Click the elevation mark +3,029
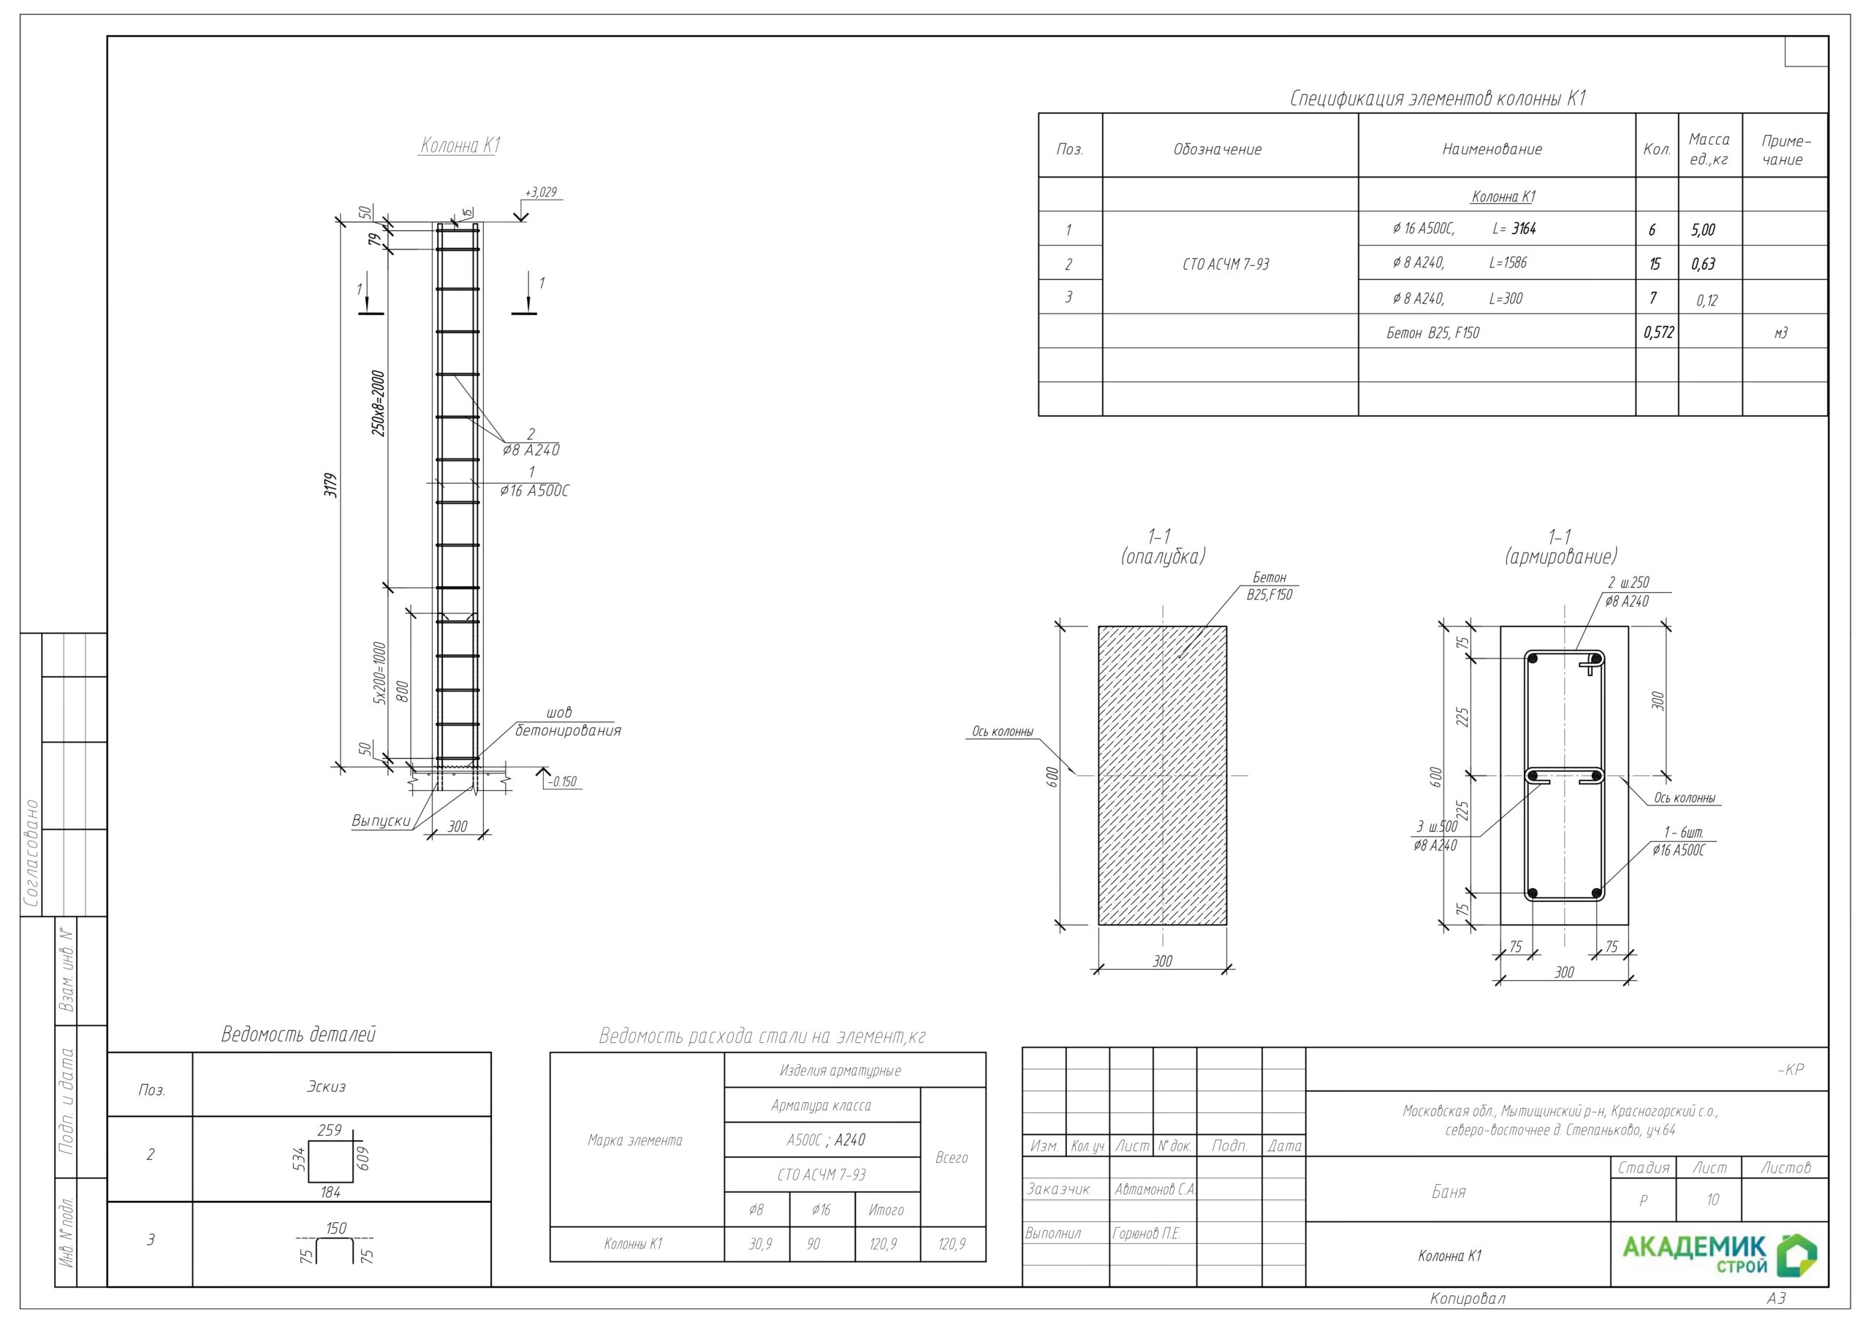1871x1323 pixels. click(x=541, y=192)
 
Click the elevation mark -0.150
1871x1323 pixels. click(x=562, y=781)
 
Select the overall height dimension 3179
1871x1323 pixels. click(x=330, y=485)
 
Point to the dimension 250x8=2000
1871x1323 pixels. click(x=378, y=403)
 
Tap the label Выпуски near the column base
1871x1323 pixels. click(x=381, y=821)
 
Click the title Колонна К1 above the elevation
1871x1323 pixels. click(x=460, y=146)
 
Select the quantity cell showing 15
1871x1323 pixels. click(x=1654, y=264)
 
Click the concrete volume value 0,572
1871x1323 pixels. click(x=1658, y=333)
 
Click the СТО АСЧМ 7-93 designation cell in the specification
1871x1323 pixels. click(x=1226, y=264)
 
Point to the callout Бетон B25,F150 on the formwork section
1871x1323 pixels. click(x=1269, y=586)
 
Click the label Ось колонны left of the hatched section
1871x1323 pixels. click(x=1002, y=732)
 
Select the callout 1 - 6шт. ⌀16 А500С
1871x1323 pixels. click(x=1678, y=842)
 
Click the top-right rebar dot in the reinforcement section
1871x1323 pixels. click(x=1595, y=659)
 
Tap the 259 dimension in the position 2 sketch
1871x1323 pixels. click(x=329, y=1130)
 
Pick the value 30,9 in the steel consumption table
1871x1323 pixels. click(x=759, y=1244)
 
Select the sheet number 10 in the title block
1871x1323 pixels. click(x=1712, y=1200)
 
